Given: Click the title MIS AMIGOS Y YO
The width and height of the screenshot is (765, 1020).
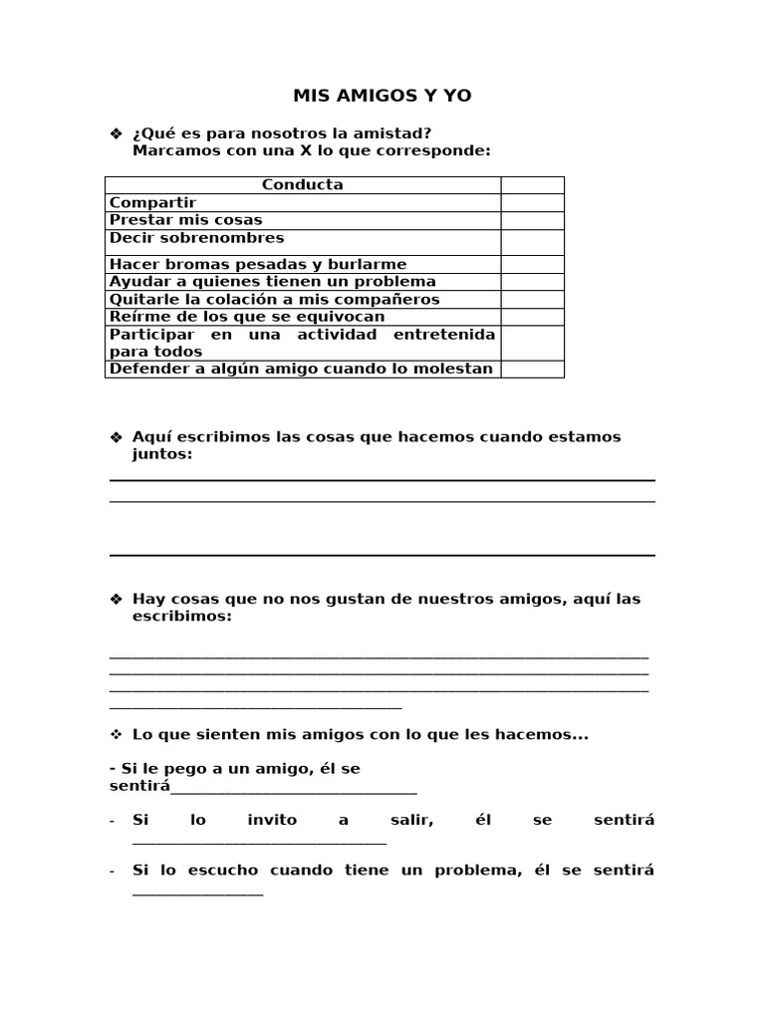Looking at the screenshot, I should pyautogui.click(x=382, y=96).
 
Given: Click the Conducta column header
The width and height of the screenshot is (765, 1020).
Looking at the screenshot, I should pyautogui.click(x=303, y=185).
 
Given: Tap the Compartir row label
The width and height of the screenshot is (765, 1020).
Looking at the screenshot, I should pyautogui.click(x=152, y=203).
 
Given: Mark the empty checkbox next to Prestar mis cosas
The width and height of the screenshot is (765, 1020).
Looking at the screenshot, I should pyautogui.click(x=532, y=220).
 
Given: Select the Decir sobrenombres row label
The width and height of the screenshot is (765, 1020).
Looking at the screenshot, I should pyautogui.click(x=196, y=238).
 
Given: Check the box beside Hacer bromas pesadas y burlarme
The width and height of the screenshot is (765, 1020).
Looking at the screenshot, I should pyautogui.click(x=532, y=264).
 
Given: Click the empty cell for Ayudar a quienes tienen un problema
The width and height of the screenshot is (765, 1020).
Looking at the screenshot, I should pyautogui.click(x=532, y=282).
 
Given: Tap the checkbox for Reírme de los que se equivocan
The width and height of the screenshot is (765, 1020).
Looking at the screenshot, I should pyautogui.click(x=532, y=317).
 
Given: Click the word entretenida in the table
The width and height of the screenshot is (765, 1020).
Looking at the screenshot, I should pyautogui.click(x=444, y=335).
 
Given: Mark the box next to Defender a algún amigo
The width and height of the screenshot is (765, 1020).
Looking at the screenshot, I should pyautogui.click(x=532, y=370).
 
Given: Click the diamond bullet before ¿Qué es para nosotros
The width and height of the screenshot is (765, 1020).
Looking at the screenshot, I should pyautogui.click(x=115, y=133).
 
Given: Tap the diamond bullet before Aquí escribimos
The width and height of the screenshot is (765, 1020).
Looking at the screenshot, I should pyautogui.click(x=115, y=437).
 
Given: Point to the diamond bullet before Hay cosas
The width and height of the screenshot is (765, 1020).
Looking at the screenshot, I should pyautogui.click(x=115, y=600).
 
